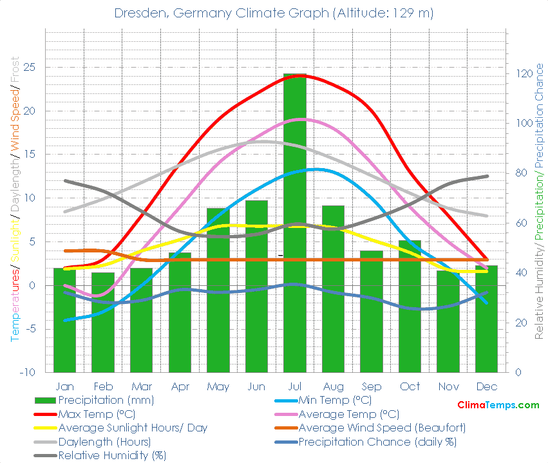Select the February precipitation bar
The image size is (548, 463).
tap(103, 322)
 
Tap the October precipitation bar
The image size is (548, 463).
tap(410, 306)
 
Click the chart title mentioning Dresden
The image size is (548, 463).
tap(274, 13)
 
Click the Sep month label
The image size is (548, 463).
tap(371, 386)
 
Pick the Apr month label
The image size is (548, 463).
tap(180, 386)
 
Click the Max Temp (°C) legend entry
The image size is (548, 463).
tap(96, 414)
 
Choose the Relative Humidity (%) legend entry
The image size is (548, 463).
tap(112, 455)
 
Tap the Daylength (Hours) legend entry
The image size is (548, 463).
tap(104, 442)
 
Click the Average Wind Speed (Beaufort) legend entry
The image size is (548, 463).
tap(382, 428)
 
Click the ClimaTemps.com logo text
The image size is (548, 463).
tap(498, 405)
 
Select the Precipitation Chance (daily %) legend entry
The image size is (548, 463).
tap(377, 442)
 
